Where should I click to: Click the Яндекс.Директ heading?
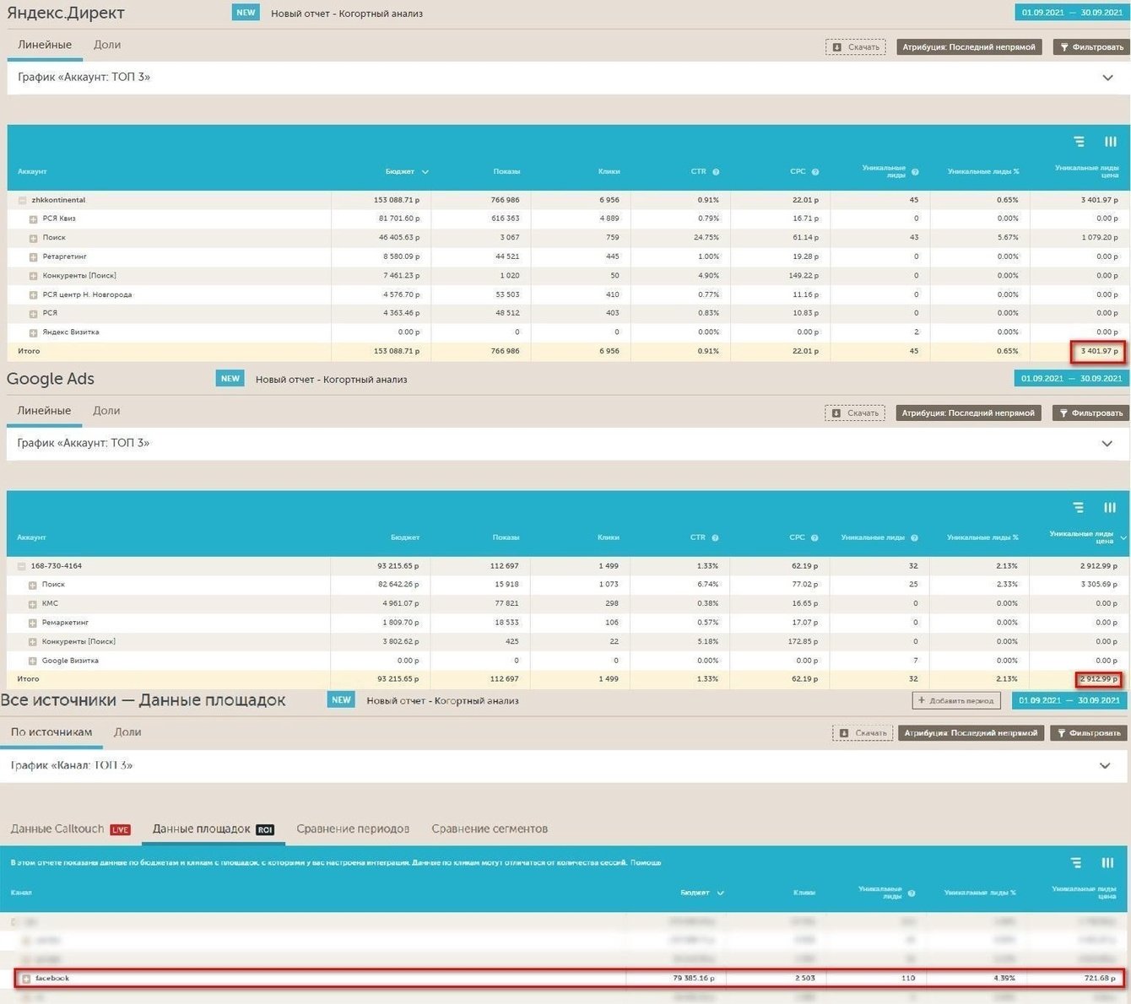point(66,13)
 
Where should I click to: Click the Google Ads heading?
point(51,379)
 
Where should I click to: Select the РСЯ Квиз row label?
point(59,219)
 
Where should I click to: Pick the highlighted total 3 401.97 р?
point(1098,351)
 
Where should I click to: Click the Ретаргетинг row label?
point(64,256)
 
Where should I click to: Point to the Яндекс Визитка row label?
point(70,332)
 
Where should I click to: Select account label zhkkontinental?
point(58,200)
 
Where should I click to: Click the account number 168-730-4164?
point(57,565)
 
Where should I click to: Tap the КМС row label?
point(50,603)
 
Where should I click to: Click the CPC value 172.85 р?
point(802,641)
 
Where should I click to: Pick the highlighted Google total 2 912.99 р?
point(1098,678)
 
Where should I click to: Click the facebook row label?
point(52,978)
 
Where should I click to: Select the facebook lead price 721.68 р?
point(1100,978)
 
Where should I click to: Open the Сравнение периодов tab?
point(353,829)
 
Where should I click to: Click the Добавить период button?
point(957,700)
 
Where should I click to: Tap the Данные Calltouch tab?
point(57,829)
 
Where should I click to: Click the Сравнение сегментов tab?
point(490,829)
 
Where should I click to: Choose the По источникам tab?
point(51,731)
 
